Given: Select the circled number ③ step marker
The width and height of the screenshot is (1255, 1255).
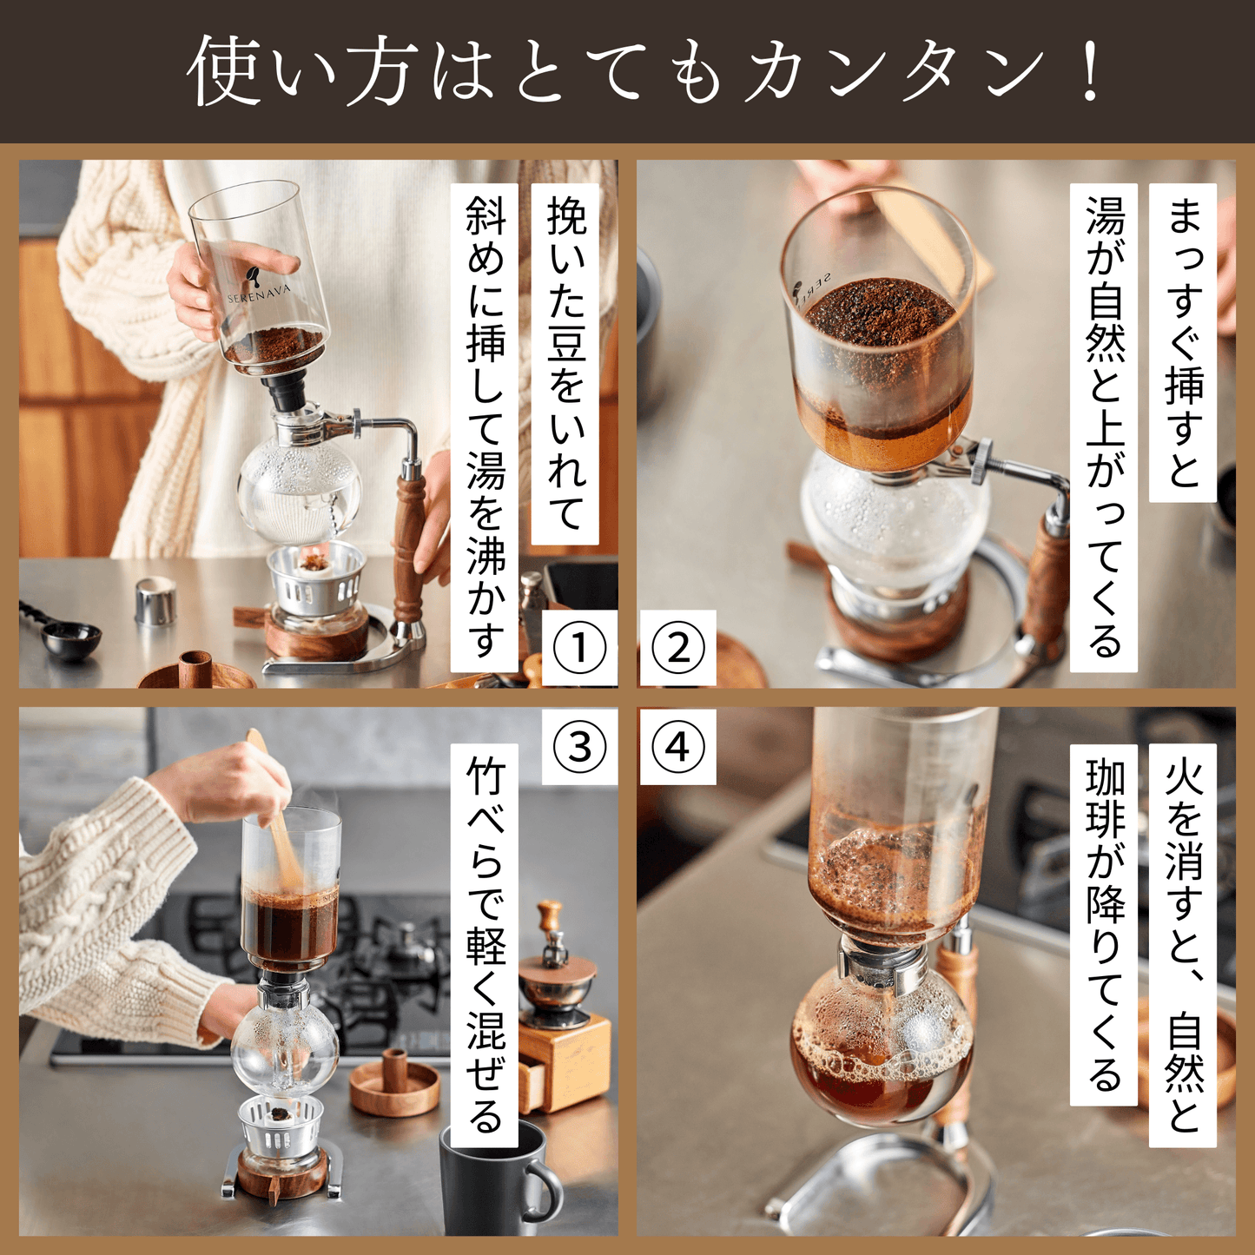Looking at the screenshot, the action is [579, 746].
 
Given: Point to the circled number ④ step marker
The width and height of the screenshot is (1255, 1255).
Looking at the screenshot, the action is [678, 746].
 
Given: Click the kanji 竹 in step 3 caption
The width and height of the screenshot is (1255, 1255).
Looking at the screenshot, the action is [485, 779].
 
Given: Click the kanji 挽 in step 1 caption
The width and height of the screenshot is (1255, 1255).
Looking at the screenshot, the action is [566, 215].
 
